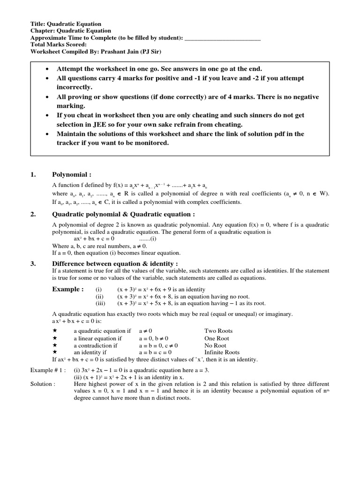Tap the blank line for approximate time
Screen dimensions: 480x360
[223, 38]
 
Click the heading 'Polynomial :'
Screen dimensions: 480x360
[71, 175]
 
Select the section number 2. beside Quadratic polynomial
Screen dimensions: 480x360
[33, 214]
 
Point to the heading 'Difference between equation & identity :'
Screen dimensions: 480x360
[115, 263]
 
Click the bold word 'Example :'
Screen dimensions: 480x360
[68, 289]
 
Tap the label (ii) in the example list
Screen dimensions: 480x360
[99, 297]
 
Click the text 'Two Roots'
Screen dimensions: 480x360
[218, 331]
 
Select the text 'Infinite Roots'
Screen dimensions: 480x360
[222, 352]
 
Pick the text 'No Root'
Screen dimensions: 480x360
[215, 345]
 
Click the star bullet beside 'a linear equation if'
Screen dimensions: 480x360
[55, 338]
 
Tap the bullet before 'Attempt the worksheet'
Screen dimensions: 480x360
[47, 69]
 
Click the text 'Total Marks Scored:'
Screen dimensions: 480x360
[58, 45]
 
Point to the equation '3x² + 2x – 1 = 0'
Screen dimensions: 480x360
[106, 370]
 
